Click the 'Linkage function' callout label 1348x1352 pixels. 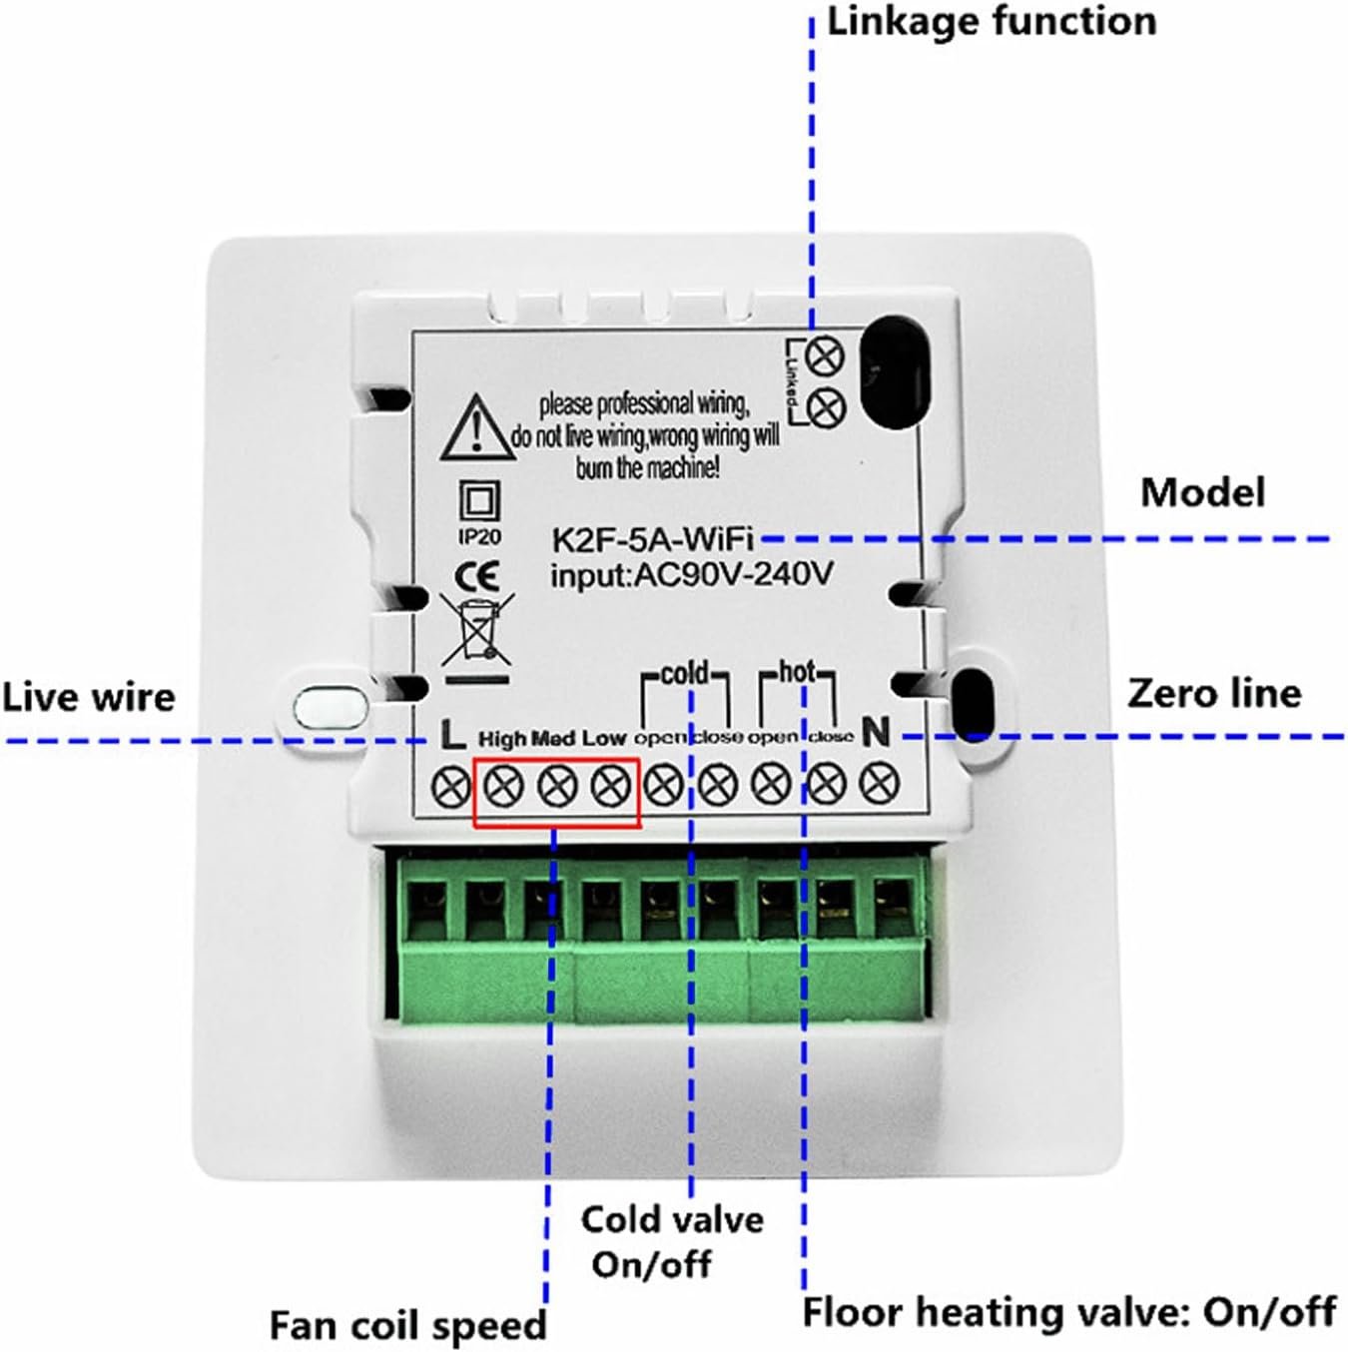992,22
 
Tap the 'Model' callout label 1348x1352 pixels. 1202,492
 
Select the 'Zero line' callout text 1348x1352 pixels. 1214,693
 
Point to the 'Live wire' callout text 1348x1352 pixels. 88,697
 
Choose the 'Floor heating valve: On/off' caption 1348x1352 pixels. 1068,1311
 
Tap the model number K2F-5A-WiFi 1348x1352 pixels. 653,540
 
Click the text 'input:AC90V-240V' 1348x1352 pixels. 691,575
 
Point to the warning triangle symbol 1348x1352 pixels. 477,429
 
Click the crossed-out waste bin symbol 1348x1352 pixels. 477,629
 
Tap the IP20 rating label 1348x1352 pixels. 479,537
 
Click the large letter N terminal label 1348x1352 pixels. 876,733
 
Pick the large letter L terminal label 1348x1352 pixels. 452,737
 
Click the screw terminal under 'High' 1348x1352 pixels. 502,787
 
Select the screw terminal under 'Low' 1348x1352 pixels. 610,787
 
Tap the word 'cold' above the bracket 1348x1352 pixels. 685,674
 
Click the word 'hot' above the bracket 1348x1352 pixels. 797,672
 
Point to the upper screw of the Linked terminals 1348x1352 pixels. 825,355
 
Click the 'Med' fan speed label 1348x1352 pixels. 552,739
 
